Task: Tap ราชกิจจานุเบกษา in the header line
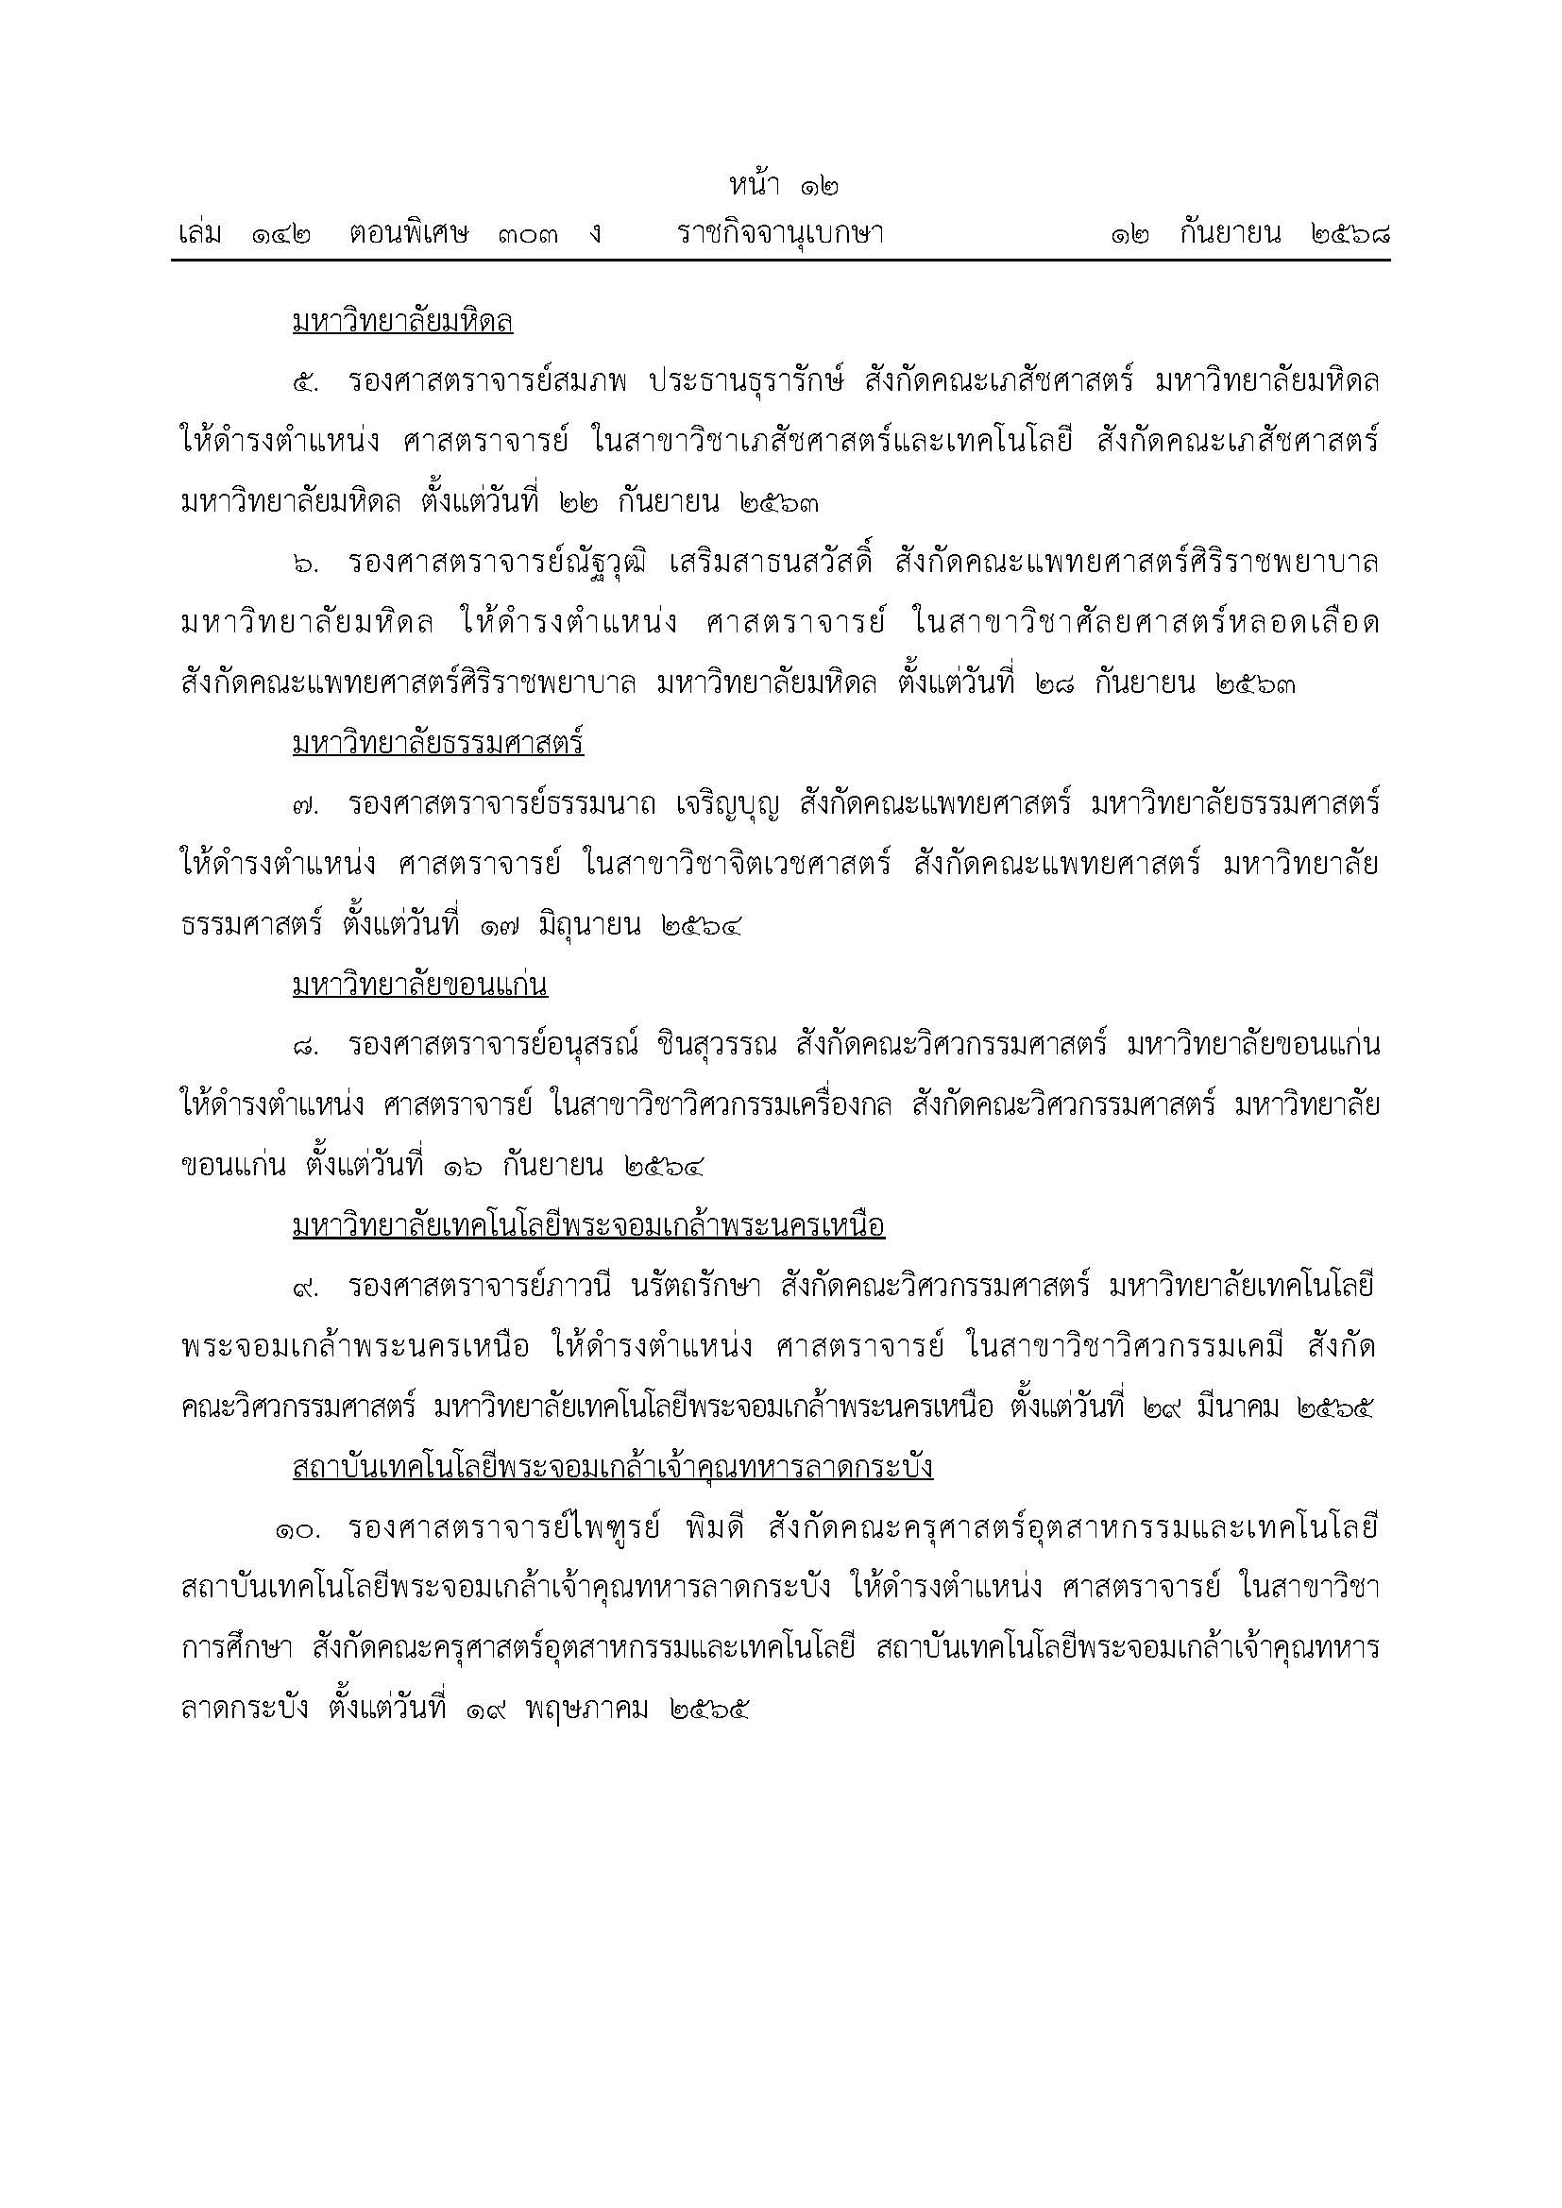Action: (x=780, y=234)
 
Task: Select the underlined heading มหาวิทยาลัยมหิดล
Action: (x=402, y=322)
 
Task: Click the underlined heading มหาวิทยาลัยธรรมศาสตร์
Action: (x=437, y=744)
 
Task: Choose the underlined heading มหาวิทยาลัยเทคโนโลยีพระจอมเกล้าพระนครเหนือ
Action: (x=587, y=1226)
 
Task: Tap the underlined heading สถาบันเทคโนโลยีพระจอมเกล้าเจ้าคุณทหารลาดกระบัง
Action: (x=613, y=1468)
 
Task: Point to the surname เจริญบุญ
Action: (x=716, y=804)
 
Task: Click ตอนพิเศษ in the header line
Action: (x=409, y=234)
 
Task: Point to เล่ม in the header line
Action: (x=201, y=234)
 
